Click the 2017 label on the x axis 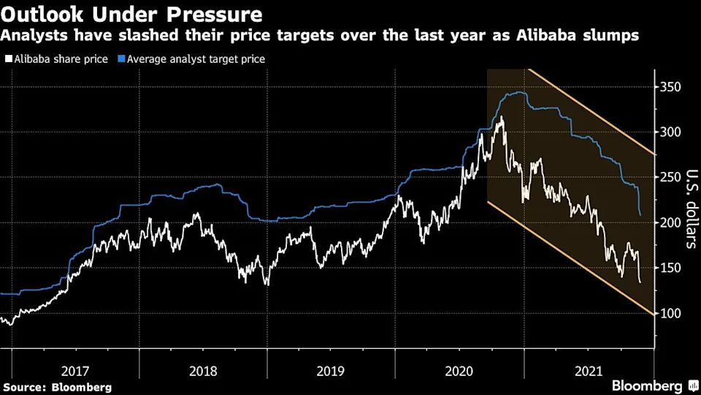pyautogui.click(x=75, y=371)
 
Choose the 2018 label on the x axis pyautogui.click(x=203, y=371)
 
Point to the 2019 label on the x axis pyautogui.click(x=331, y=371)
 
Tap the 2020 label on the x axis pyautogui.click(x=459, y=371)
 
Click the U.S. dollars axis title pyautogui.click(x=687, y=209)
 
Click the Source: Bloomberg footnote pyautogui.click(x=58, y=386)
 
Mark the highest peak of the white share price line pyautogui.click(x=500, y=117)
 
